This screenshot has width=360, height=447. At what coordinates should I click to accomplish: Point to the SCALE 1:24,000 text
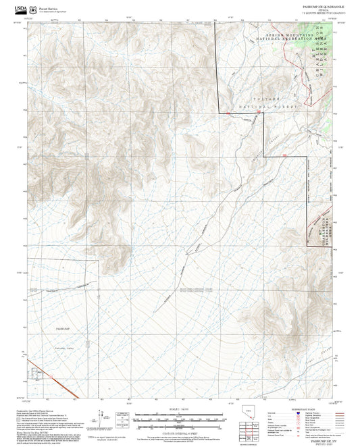pyautogui.click(x=179, y=409)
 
